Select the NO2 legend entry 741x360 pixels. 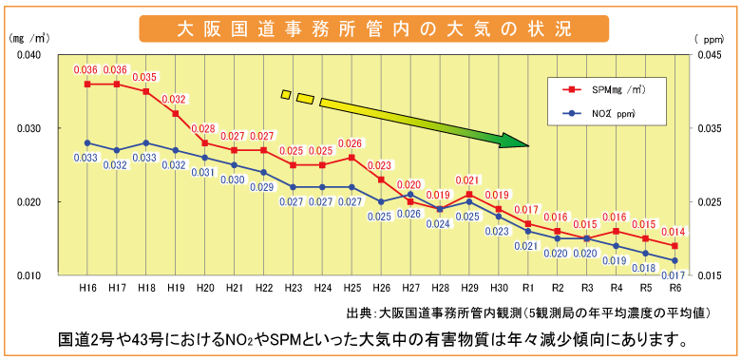coord(614,114)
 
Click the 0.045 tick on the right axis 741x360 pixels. coord(708,55)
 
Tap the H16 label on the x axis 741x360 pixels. coord(87,288)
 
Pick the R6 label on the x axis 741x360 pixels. coord(675,288)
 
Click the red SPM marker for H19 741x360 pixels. coord(176,113)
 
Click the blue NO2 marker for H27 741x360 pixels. coord(410,194)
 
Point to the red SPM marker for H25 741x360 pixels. coord(351,158)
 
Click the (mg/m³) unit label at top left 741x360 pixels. coord(28,39)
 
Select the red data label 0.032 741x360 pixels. coord(175,99)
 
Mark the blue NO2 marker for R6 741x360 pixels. coord(675,260)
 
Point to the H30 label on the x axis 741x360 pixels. coord(499,288)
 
